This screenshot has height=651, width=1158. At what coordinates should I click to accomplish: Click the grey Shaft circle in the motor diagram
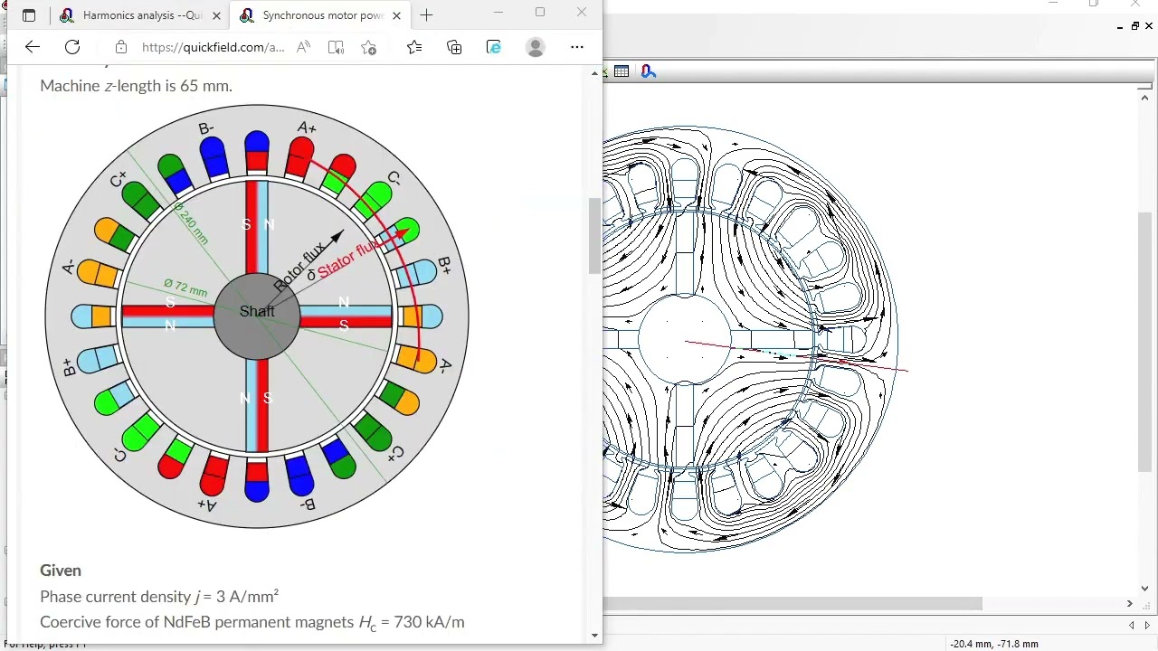[x=257, y=312]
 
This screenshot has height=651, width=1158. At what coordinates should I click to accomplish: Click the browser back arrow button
[x=33, y=47]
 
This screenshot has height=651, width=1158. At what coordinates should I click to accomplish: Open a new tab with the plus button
[x=426, y=15]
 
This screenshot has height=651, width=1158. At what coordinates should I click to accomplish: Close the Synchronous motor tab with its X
[x=396, y=15]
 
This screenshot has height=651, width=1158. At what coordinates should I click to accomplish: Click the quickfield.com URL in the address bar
[x=213, y=47]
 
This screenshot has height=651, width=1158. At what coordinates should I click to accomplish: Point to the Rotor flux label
[x=301, y=265]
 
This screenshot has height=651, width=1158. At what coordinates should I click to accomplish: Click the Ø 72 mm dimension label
[x=185, y=288]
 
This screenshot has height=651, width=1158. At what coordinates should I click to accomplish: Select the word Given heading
[x=61, y=571]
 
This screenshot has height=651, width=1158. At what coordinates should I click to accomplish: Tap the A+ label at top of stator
[x=307, y=127]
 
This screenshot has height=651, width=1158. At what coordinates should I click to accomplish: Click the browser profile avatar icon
[x=536, y=47]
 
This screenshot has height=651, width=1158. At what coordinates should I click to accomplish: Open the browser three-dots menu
[x=577, y=47]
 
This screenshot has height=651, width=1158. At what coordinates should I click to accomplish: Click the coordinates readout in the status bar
[x=993, y=644]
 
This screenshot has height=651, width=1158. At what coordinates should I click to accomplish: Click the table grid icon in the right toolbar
[x=622, y=71]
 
